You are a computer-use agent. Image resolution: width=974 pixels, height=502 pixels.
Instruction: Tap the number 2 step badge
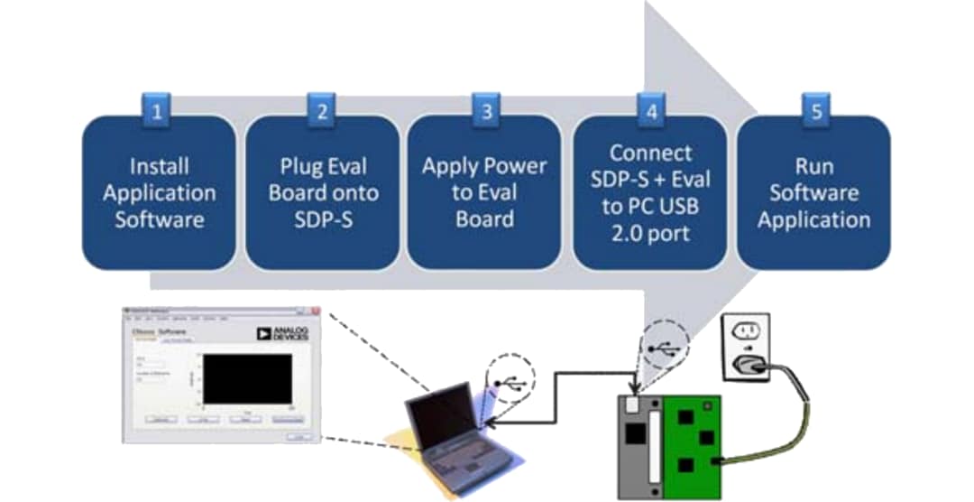point(322,114)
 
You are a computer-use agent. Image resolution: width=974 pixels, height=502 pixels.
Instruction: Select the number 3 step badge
point(485,114)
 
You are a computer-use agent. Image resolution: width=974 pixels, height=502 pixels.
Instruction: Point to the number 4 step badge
point(649,114)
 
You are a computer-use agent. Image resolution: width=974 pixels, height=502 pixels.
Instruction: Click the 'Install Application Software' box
point(159,192)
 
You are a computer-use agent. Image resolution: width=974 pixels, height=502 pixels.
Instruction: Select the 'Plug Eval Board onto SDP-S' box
point(322,192)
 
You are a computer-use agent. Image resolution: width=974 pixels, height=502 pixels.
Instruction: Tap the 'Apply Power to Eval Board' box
point(485,192)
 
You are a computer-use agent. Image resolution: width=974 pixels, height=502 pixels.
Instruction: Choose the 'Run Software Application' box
point(813,192)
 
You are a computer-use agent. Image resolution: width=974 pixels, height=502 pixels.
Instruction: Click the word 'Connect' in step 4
point(650,153)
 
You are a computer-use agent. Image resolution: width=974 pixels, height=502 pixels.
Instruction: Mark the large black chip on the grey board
point(637,434)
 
